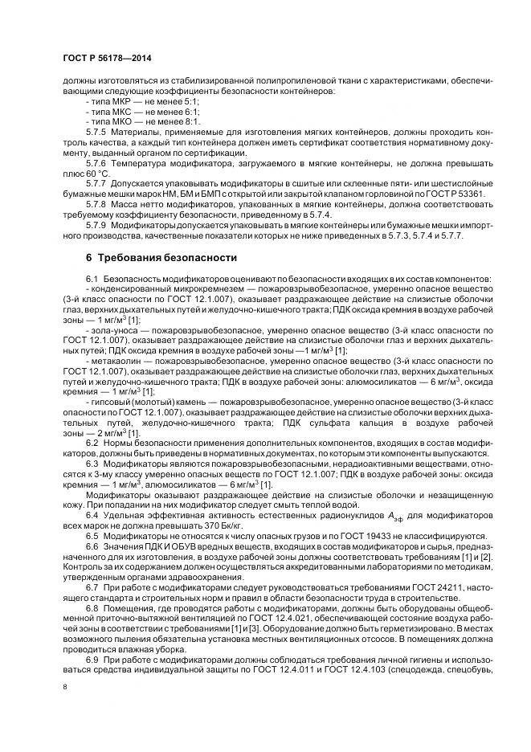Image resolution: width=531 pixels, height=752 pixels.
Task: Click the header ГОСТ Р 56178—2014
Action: coord(106,59)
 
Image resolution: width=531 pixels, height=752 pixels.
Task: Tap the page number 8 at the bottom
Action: coord(64,688)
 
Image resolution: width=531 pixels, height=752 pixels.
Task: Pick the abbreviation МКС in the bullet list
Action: coord(128,112)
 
